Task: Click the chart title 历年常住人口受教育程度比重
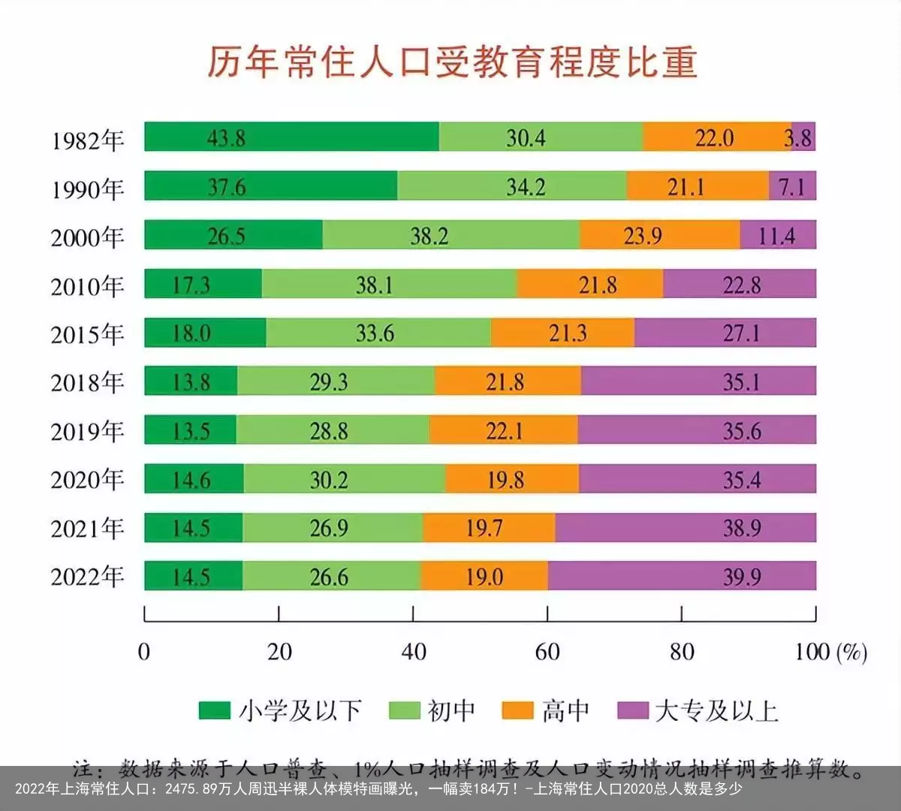(x=451, y=62)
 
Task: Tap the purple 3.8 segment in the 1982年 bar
(x=803, y=138)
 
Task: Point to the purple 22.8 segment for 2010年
(x=740, y=285)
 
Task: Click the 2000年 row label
(x=87, y=237)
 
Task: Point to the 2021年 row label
(x=87, y=529)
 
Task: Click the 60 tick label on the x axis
(x=547, y=651)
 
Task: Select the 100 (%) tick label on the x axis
(x=830, y=651)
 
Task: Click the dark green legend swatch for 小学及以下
(x=214, y=710)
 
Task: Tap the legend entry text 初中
(x=451, y=710)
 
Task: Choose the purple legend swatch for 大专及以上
(x=632, y=710)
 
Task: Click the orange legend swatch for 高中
(x=517, y=710)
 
